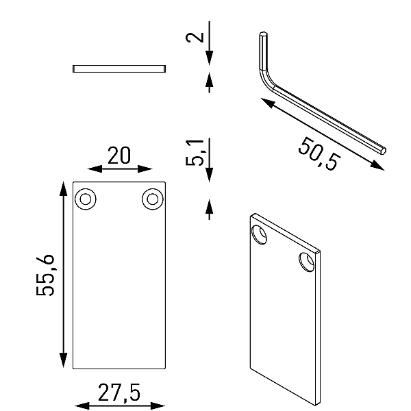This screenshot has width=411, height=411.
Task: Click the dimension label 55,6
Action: tap(45, 275)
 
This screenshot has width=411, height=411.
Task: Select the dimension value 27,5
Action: tap(119, 393)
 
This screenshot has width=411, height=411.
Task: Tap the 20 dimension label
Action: tap(119, 155)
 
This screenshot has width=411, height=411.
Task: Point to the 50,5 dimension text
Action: tap(319, 153)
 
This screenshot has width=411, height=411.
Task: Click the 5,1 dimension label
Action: tap(195, 153)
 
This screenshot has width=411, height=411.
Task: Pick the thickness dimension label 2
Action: tap(195, 37)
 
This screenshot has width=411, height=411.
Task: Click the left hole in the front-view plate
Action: tap(86, 199)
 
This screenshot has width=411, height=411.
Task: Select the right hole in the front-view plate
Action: tap(153, 199)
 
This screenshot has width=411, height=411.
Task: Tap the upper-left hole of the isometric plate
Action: tap(259, 234)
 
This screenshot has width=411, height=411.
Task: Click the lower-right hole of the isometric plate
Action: tap(306, 262)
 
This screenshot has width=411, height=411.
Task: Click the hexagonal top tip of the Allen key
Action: tap(264, 34)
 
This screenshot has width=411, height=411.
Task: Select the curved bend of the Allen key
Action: tap(265, 80)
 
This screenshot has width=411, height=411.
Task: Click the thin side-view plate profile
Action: tap(119, 68)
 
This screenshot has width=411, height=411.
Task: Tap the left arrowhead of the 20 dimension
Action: tap(95, 169)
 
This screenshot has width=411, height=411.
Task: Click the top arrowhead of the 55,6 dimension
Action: tap(63, 188)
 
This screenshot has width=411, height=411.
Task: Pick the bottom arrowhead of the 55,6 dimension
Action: tap(63, 360)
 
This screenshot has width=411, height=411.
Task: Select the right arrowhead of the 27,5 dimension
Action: tap(158, 406)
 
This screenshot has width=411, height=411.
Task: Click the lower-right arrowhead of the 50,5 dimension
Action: tap(377, 165)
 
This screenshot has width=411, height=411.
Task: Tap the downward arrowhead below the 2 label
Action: tap(209, 58)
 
